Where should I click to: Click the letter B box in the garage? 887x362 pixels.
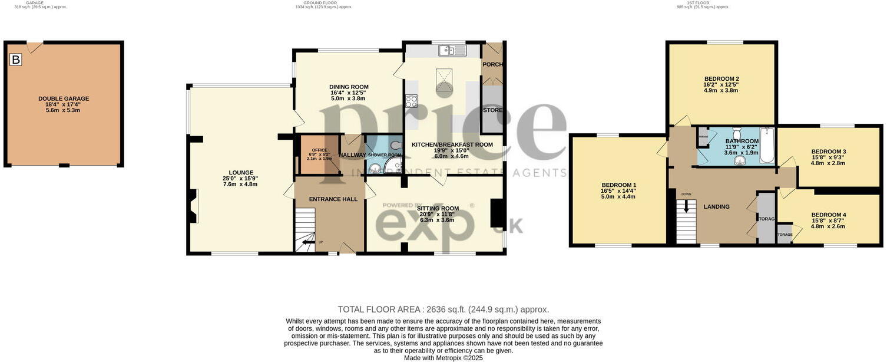pyautogui.click(x=16, y=59)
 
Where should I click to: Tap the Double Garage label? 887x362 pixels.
pyautogui.click(x=64, y=98)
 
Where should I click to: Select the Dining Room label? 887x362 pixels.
pyautogui.click(x=349, y=87)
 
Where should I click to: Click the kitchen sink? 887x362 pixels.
pyautogui.click(x=452, y=51)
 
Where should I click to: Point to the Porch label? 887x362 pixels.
pyautogui.click(x=492, y=64)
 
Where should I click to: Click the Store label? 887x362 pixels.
pyautogui.click(x=492, y=110)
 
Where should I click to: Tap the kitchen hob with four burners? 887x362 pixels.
pyautogui.click(x=411, y=101)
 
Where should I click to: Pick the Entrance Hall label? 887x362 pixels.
pyautogui.click(x=333, y=199)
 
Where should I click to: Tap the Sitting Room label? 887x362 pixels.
pyautogui.click(x=438, y=208)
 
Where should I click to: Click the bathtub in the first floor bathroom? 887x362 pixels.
pyautogui.click(x=767, y=146)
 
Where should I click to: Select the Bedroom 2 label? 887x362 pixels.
pyautogui.click(x=721, y=78)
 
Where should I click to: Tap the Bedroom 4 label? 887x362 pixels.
pyautogui.click(x=828, y=215)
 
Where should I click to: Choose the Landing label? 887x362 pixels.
pyautogui.click(x=716, y=206)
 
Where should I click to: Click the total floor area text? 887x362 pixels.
pyautogui.click(x=443, y=309)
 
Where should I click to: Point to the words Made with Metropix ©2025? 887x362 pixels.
pyautogui.click(x=443, y=358)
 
